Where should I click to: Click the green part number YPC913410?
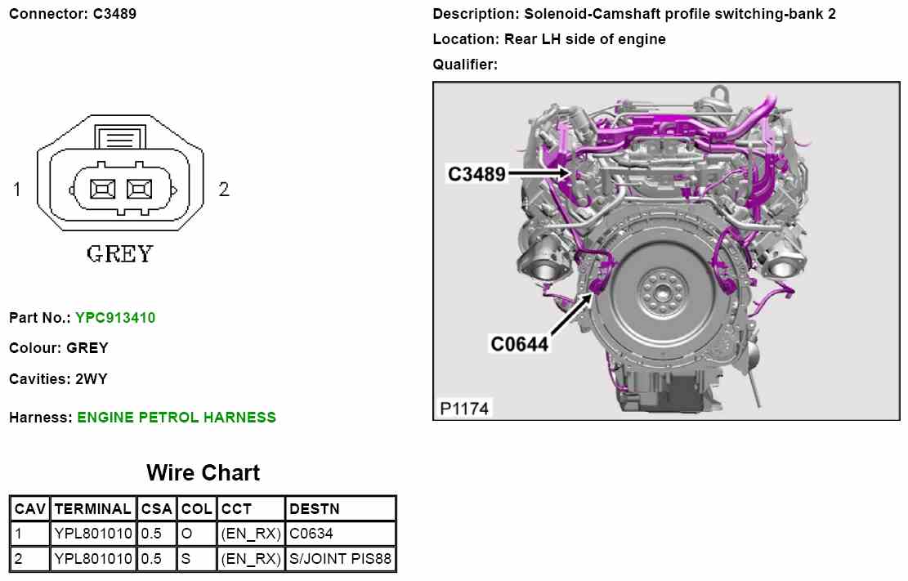(x=115, y=317)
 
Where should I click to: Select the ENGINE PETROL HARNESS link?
(x=177, y=417)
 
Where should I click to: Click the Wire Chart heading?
(x=204, y=472)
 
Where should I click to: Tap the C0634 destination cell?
(x=311, y=534)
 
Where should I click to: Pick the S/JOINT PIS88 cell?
(x=341, y=559)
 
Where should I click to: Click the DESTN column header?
(x=315, y=508)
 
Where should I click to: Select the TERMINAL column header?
(x=92, y=508)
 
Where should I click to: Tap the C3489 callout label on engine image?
(x=476, y=174)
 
